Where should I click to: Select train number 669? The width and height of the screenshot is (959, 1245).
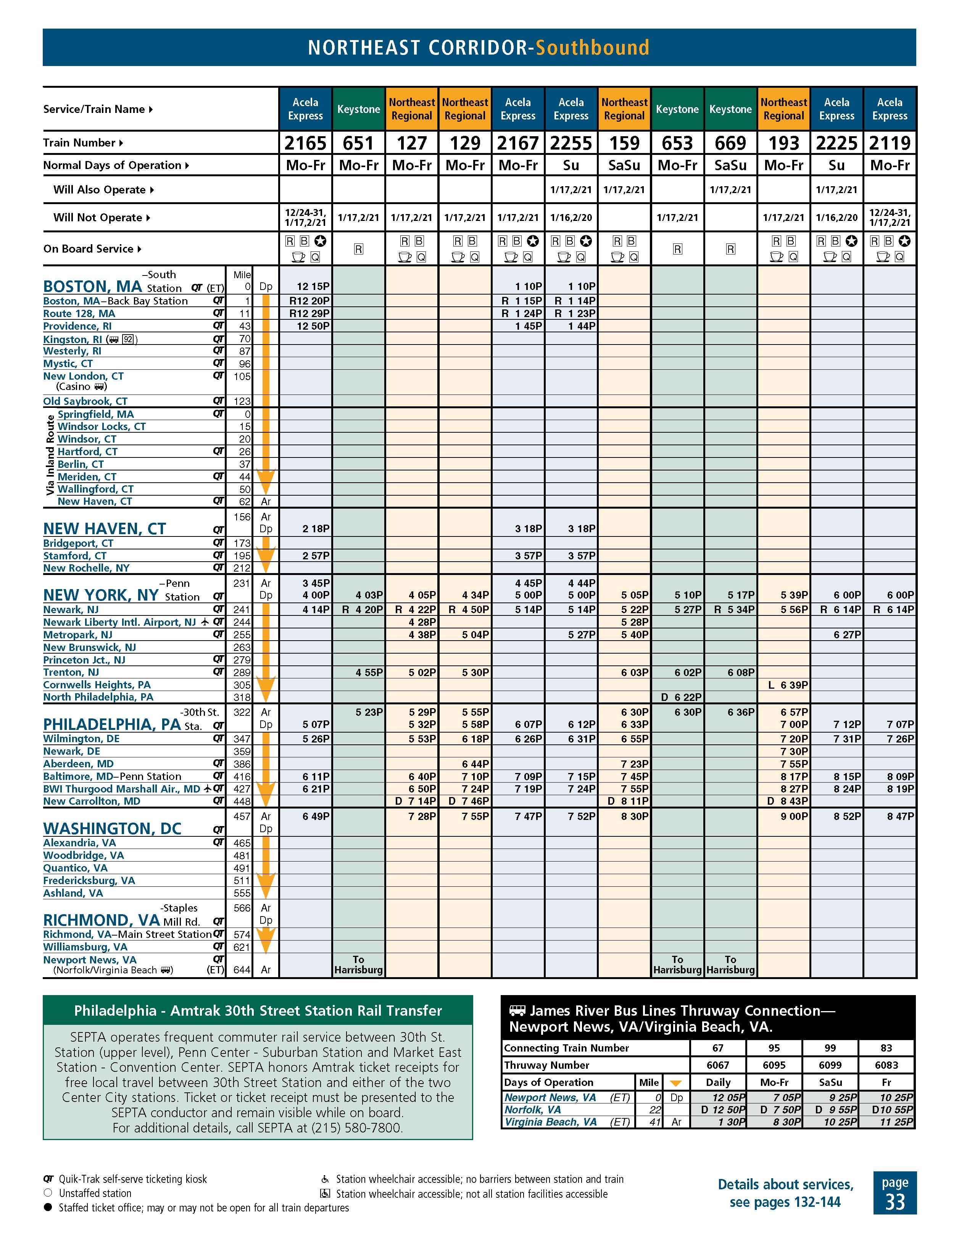coord(730,143)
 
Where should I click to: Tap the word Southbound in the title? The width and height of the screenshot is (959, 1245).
coord(592,47)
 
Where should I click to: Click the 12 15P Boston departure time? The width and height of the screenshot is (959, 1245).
coord(313,286)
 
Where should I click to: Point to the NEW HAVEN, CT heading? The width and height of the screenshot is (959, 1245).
coord(104,528)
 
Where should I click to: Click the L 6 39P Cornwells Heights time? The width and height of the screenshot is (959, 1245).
coord(787,685)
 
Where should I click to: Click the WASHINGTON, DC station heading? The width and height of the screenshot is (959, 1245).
coord(112,828)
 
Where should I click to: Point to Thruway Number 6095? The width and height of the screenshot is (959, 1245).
coord(774,1065)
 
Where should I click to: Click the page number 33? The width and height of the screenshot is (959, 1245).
coord(895,1202)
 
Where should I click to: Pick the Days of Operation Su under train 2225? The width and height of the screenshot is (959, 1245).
coord(837,165)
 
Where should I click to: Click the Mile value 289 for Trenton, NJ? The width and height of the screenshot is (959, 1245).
coord(242,672)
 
